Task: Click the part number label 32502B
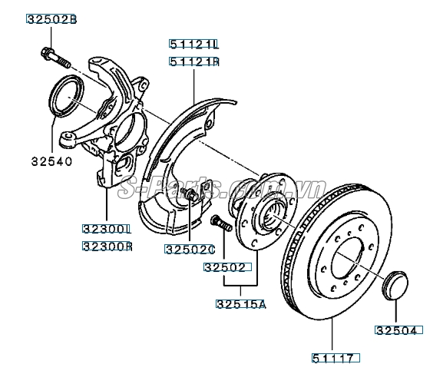pyautogui.click(x=51, y=18)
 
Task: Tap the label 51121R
pyautogui.click(x=194, y=61)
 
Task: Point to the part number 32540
pyautogui.click(x=51, y=161)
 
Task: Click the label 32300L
pyautogui.click(x=108, y=230)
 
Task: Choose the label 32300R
pyautogui.click(x=108, y=247)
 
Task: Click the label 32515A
pyautogui.click(x=240, y=303)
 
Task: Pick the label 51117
pyautogui.click(x=336, y=357)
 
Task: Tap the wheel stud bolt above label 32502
pyautogui.click(x=219, y=223)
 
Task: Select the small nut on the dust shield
pyautogui.click(x=190, y=197)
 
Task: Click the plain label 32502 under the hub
pyautogui.click(x=223, y=268)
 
